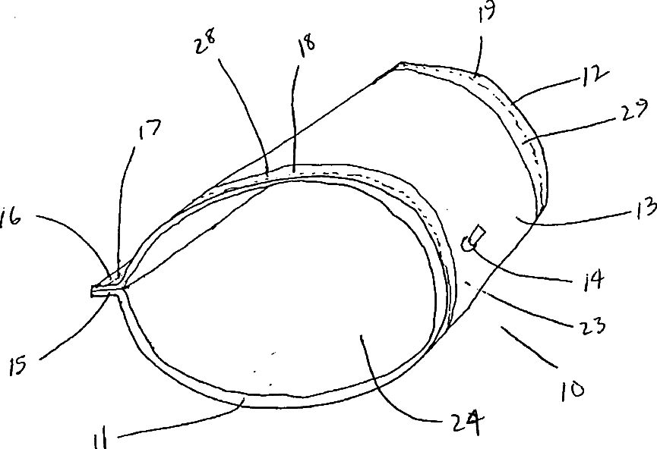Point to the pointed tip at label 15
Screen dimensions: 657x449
(x=93, y=290)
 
